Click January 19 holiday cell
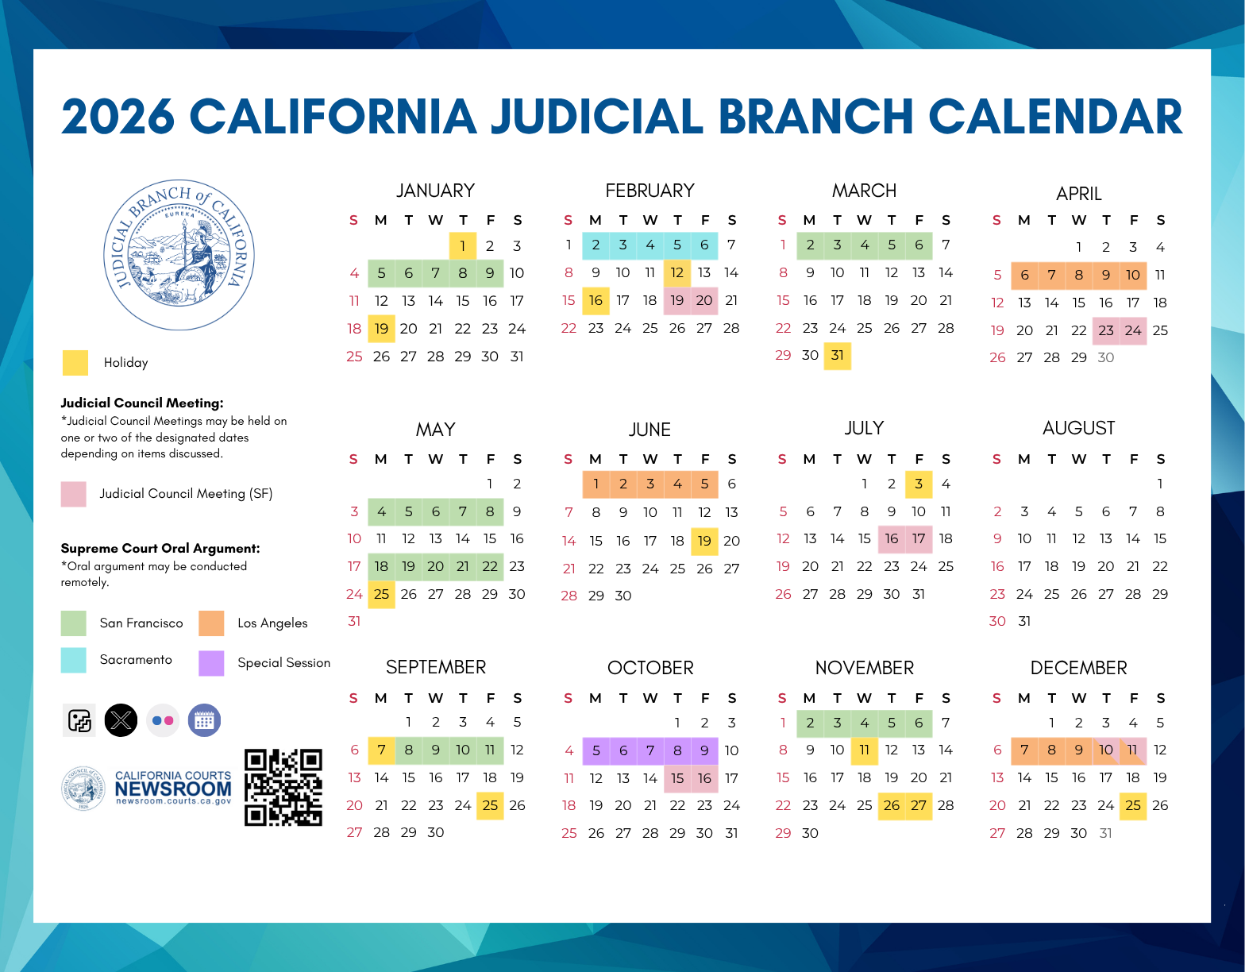382,329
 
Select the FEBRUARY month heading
649,191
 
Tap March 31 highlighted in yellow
837,356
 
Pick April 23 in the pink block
1106,331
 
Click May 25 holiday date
382,594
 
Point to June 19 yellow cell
704,542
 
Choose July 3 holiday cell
919,484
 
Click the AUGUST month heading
1078,429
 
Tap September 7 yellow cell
382,750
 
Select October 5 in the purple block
596,751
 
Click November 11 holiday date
864,750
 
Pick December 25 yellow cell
1133,806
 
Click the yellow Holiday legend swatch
75,363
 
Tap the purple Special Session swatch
211,663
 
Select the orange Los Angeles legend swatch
211,623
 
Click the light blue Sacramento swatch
73,660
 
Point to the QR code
283,788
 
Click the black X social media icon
121,720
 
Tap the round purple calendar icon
205,720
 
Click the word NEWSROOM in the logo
173,789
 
